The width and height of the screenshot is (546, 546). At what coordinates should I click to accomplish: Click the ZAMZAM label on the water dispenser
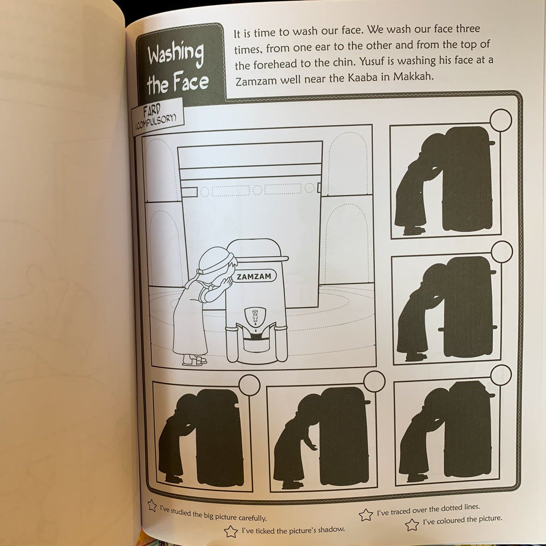(254, 276)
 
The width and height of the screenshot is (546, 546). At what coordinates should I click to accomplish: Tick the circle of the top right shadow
(500, 120)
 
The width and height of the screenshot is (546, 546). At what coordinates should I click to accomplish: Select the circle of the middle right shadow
(502, 252)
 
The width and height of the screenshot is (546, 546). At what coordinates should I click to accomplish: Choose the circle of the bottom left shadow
(250, 385)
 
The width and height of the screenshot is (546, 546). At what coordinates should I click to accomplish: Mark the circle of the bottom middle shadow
(374, 381)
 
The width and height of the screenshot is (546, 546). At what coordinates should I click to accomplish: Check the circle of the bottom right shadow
(501, 375)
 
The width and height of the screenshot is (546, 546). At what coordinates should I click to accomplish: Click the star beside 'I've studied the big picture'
(152, 505)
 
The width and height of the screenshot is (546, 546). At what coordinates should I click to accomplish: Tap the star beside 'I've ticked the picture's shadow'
(231, 531)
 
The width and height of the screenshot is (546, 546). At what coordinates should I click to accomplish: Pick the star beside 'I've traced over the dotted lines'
(366, 515)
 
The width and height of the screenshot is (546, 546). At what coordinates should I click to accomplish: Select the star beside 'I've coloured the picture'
(412, 525)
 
